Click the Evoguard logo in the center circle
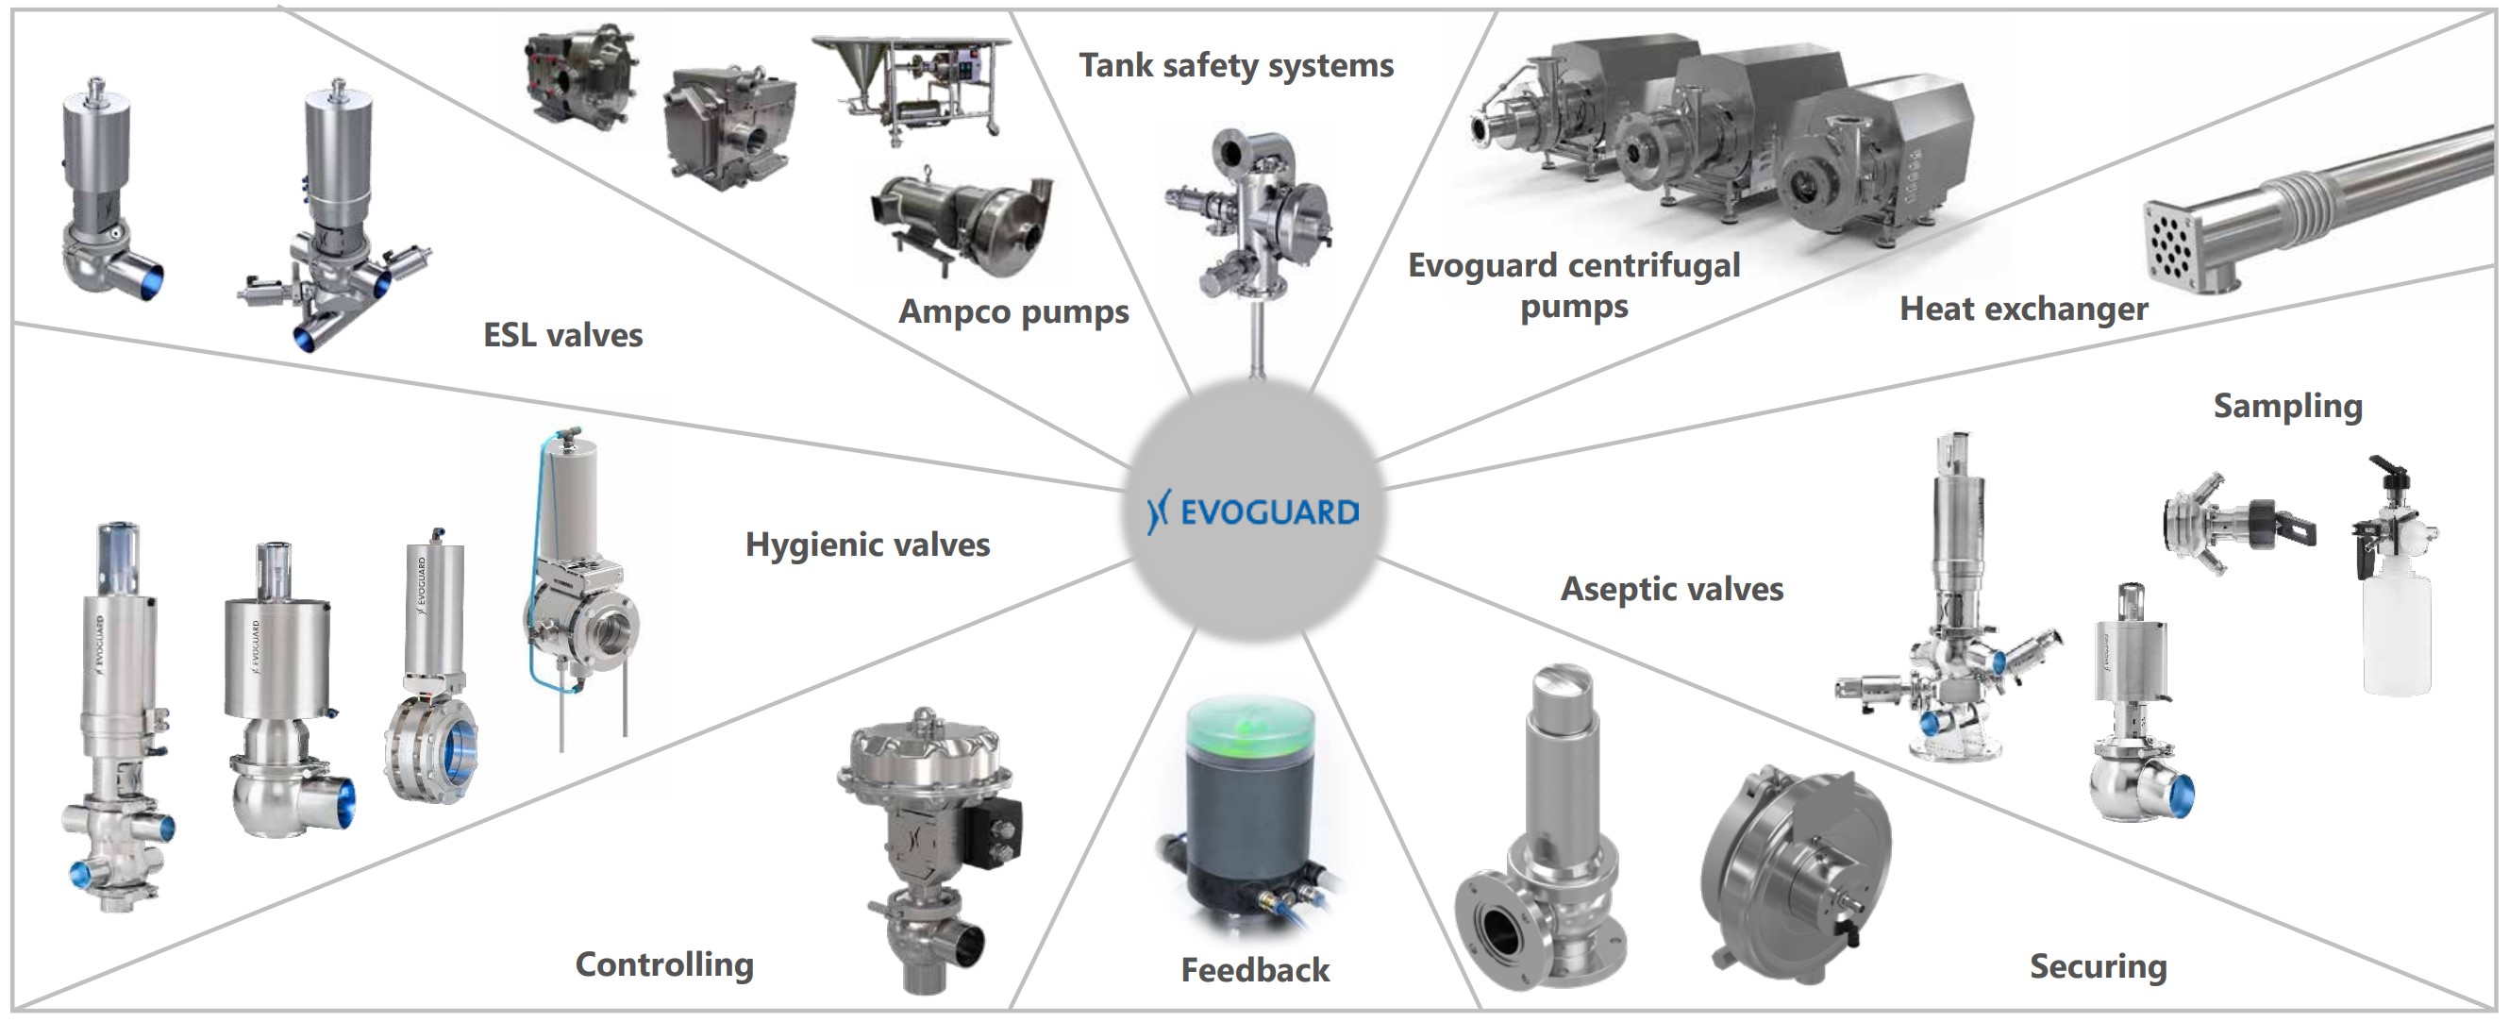pyautogui.click(x=1253, y=511)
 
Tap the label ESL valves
pyautogui.click(x=563, y=335)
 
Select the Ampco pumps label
pyautogui.click(x=1014, y=311)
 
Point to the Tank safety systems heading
pyautogui.click(x=1236, y=65)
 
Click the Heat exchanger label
pyautogui.click(x=2024, y=309)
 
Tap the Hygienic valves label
pyautogui.click(x=868, y=545)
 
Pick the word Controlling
pyautogui.click(x=665, y=964)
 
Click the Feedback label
pyautogui.click(x=1255, y=970)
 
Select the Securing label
pyautogui.click(x=2099, y=966)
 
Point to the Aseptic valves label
pyautogui.click(x=1672, y=589)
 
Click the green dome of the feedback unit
pyautogui.click(x=1250, y=730)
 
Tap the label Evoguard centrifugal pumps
pyautogui.click(x=1574, y=285)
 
